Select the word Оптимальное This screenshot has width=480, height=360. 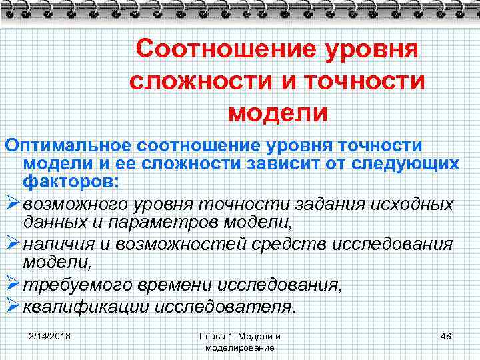[65, 145]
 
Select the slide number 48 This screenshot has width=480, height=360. [445, 335]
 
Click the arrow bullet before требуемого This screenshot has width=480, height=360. [12, 285]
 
